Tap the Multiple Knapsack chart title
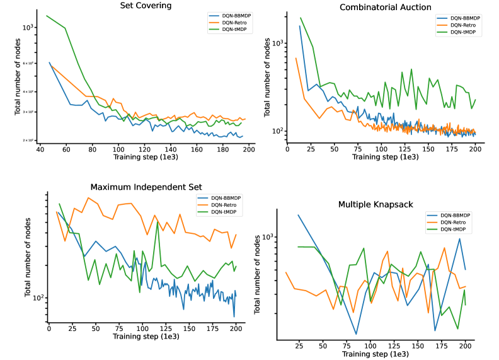(x=375, y=204)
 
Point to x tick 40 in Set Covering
(x=39, y=150)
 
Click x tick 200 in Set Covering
(x=249, y=150)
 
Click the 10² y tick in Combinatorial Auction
(x=273, y=131)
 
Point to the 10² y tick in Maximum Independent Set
(x=39, y=298)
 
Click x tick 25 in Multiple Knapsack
(x=299, y=345)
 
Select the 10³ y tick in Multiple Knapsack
(x=269, y=237)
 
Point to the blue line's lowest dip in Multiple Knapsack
(x=356, y=334)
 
